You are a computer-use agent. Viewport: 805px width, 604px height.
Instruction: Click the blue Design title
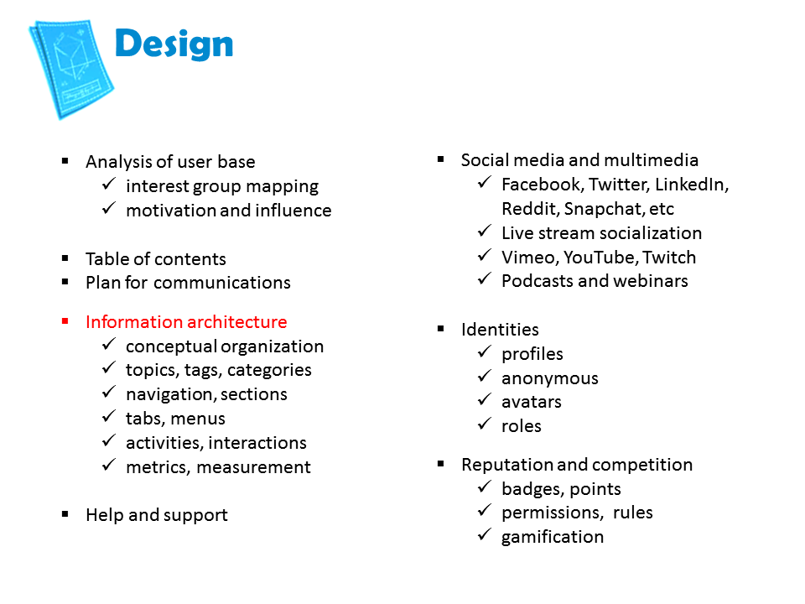click(x=174, y=44)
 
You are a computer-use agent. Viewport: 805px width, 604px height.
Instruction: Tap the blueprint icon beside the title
click(x=71, y=69)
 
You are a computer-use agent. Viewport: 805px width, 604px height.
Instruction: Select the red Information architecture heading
click(x=186, y=322)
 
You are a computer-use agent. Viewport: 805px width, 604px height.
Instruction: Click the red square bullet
click(x=65, y=321)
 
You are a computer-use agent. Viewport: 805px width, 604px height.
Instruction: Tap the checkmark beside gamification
click(x=485, y=534)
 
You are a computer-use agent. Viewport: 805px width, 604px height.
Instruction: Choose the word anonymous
click(x=550, y=379)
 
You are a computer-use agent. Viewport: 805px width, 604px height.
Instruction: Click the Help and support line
click(x=157, y=515)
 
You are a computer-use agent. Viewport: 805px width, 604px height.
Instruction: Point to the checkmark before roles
click(x=485, y=424)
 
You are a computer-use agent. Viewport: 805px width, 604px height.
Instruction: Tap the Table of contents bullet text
click(x=156, y=259)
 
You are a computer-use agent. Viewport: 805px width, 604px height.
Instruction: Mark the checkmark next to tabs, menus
click(x=109, y=416)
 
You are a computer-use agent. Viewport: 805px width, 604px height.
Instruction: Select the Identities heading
click(x=500, y=329)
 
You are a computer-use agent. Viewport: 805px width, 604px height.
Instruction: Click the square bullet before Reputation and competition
click(x=440, y=464)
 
